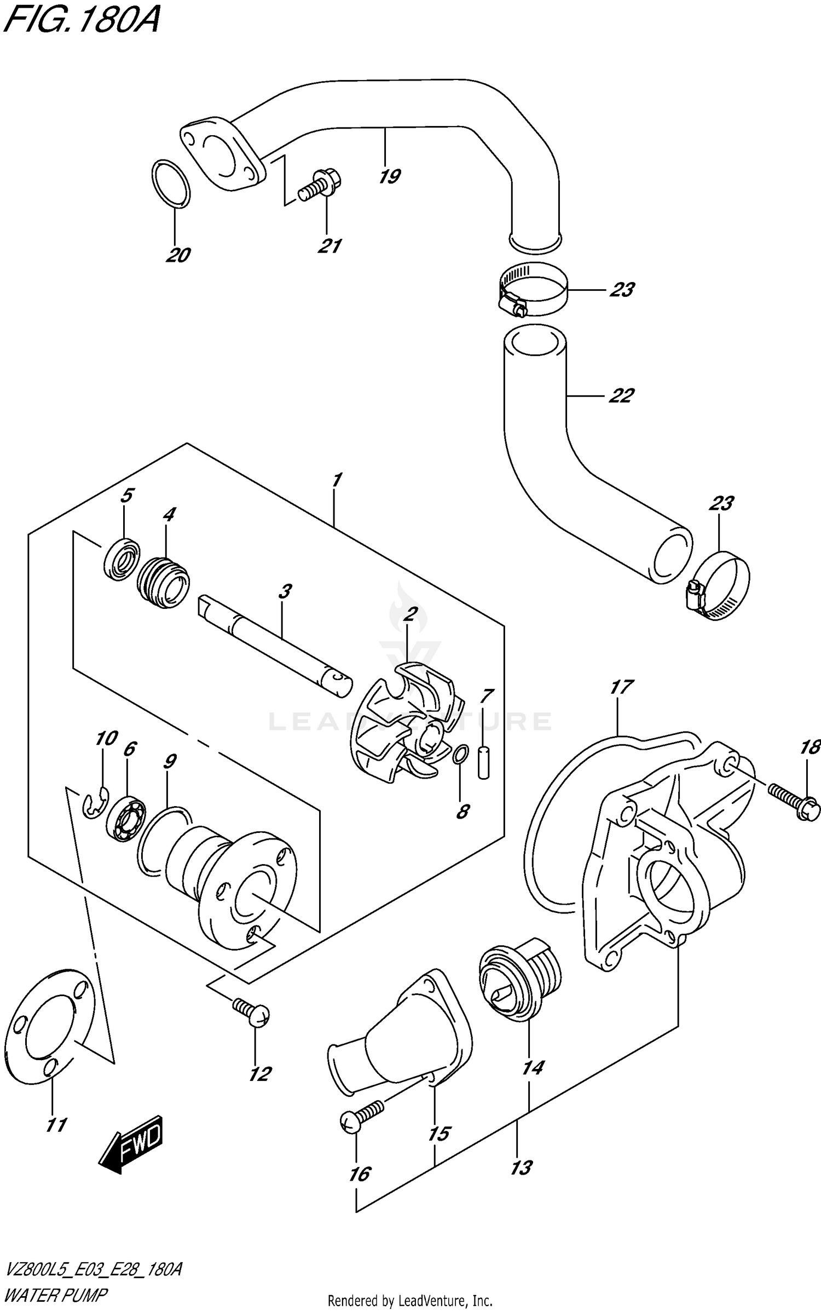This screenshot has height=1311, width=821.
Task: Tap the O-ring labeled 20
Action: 171,184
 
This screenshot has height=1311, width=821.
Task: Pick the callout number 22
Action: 621,395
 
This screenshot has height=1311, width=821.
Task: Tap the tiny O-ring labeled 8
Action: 460,755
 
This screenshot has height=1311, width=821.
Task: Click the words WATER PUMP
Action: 54,1291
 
